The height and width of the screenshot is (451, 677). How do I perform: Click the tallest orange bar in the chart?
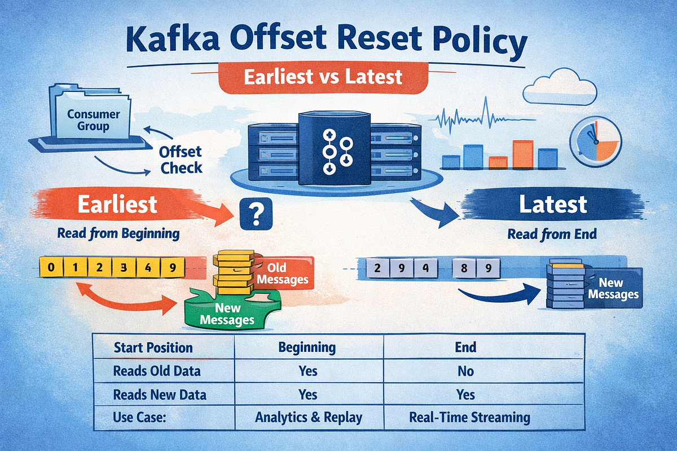point(522,154)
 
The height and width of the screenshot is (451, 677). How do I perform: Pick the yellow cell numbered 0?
point(51,267)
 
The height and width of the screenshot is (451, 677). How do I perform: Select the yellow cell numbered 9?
point(172,267)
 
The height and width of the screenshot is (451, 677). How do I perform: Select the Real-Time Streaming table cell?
point(469,418)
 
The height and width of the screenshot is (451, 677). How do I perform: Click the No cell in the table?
point(466,371)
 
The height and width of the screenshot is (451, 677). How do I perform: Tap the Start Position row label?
point(153,347)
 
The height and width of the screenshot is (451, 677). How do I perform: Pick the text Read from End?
point(551,233)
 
